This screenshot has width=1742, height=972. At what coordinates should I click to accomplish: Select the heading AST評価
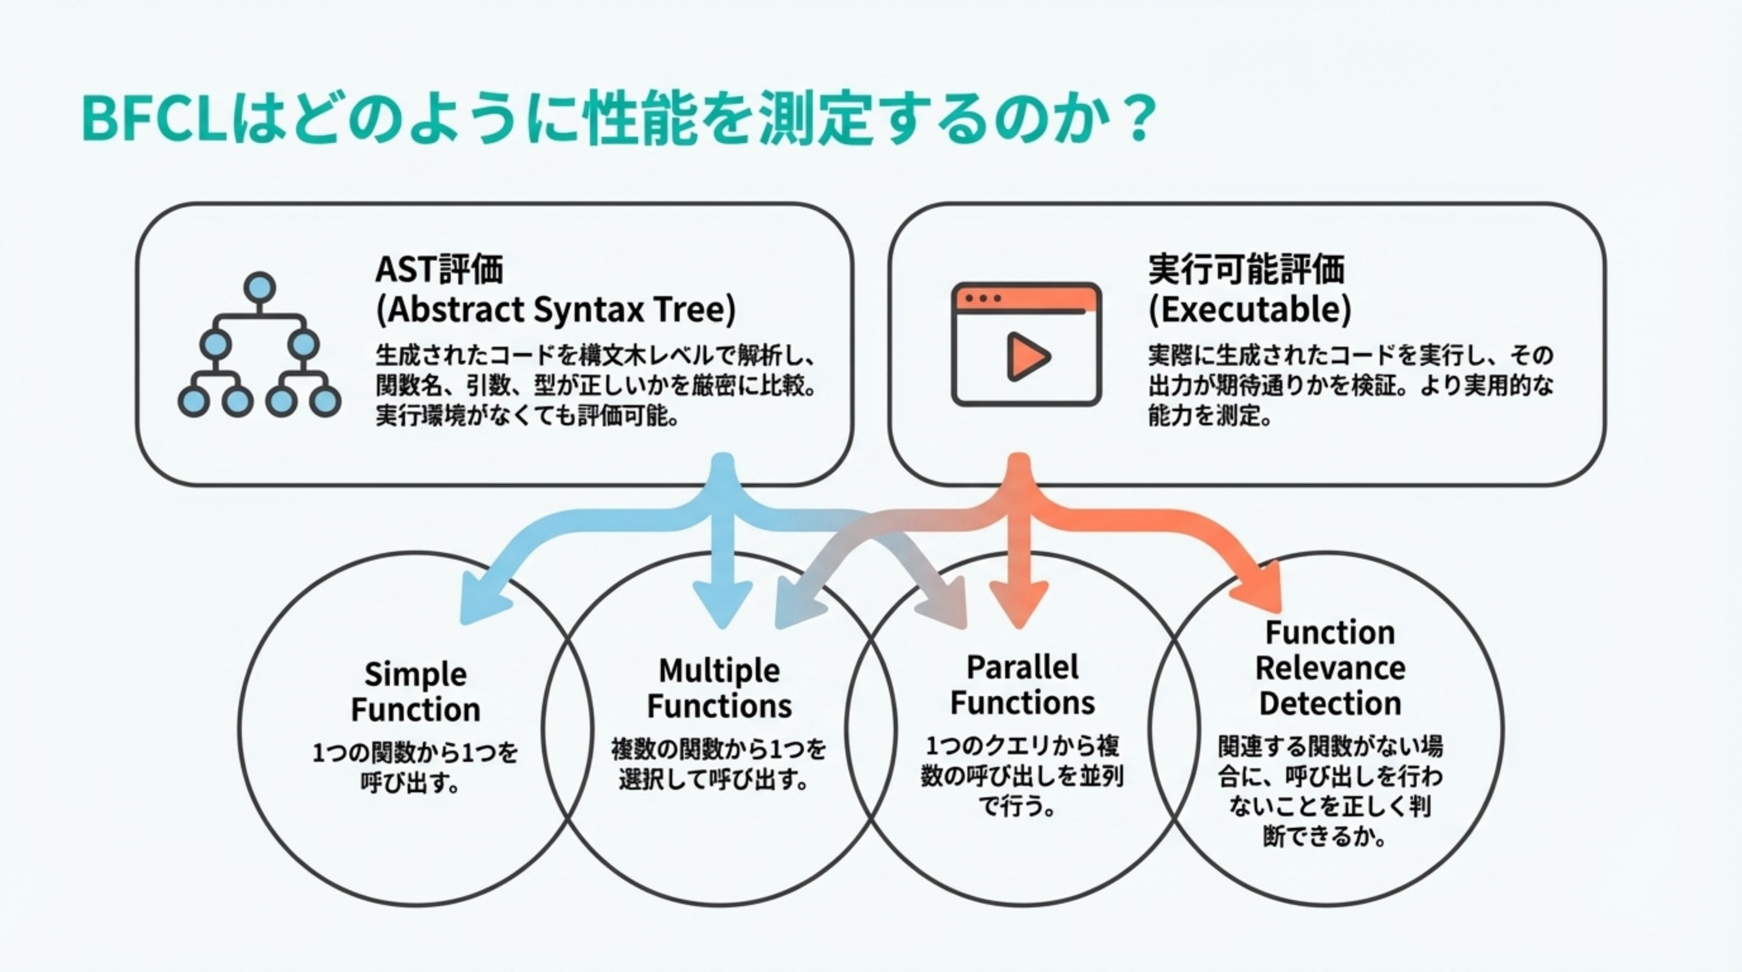click(439, 268)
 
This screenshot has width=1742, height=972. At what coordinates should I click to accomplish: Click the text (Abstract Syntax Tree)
click(555, 310)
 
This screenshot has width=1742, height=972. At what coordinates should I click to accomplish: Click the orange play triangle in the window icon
click(1027, 356)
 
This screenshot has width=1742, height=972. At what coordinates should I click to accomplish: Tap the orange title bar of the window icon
click(1026, 298)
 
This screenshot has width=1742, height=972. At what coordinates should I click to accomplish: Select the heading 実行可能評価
click(1246, 269)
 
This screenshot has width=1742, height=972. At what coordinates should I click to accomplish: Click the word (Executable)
click(1250, 310)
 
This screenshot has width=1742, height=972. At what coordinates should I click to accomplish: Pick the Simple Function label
click(415, 692)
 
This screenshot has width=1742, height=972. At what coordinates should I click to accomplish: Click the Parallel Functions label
click(1022, 685)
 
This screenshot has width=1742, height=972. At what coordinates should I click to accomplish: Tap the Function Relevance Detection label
click(1329, 668)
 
